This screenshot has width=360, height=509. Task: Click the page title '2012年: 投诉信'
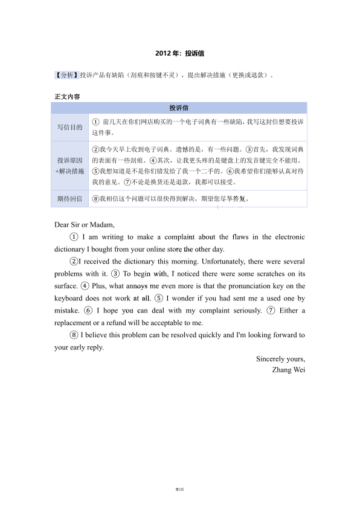179,53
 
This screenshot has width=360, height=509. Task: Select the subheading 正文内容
67,97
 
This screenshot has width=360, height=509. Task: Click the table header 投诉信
179,108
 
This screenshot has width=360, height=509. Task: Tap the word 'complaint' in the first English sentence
179,237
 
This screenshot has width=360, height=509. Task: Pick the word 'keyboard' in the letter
69,298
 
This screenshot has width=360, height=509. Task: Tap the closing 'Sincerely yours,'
280,359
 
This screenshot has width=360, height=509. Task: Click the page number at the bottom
179,488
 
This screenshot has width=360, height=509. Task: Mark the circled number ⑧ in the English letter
74,335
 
